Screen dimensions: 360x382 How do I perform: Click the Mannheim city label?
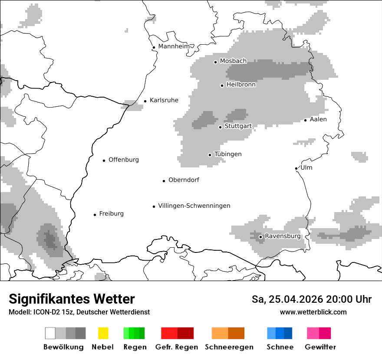[x=174, y=46]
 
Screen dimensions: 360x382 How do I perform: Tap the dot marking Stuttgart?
[x=221, y=127]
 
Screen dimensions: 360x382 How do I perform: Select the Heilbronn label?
[x=241, y=85]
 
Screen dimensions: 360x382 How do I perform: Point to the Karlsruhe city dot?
[x=145, y=101]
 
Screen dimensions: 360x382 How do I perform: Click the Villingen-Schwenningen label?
[x=194, y=206]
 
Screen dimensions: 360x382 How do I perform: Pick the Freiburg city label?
[x=111, y=213]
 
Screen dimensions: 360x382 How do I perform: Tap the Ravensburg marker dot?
[x=260, y=237]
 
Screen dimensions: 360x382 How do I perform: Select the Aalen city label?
[x=318, y=119]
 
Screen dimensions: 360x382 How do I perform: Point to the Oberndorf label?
[x=184, y=180]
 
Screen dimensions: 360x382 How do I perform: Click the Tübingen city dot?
[x=210, y=155]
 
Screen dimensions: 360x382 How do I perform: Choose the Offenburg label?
[x=123, y=160]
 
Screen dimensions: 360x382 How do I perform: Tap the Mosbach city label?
[x=233, y=61]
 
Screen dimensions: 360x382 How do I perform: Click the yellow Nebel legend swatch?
[x=103, y=333]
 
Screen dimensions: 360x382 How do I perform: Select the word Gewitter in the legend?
[x=320, y=347]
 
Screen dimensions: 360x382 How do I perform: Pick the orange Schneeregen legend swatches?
[x=228, y=333]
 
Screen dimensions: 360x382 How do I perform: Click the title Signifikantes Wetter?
[x=72, y=299]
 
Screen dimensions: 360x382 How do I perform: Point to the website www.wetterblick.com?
[x=313, y=312]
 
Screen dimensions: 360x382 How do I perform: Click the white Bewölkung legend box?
[x=50, y=333]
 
